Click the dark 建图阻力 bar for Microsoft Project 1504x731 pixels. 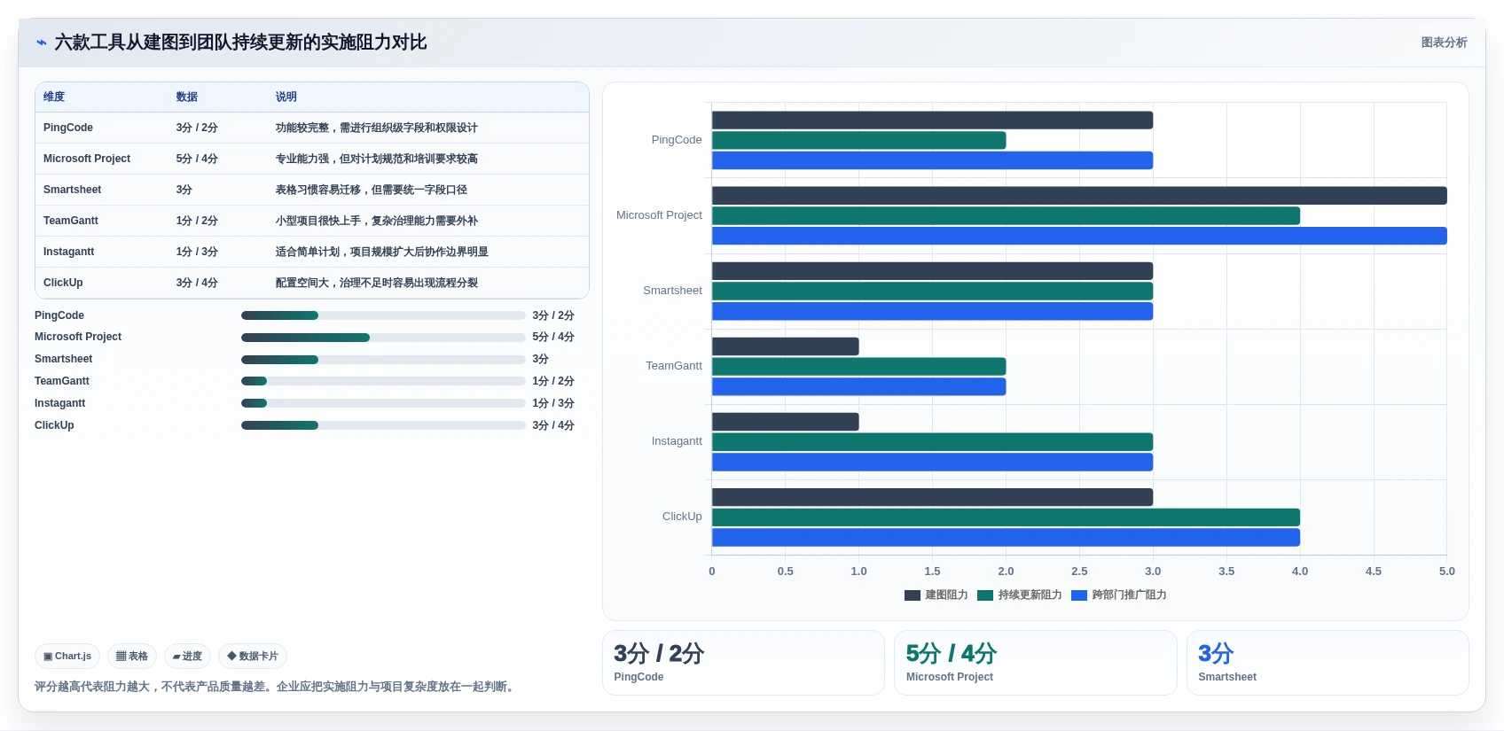pos(1079,195)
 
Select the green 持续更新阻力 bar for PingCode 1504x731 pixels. pos(858,140)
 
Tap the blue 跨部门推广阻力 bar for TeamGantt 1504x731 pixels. pos(858,386)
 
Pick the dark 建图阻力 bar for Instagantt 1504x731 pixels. pos(785,422)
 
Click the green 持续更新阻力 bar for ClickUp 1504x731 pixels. pos(1006,517)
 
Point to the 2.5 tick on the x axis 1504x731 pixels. pos(1079,572)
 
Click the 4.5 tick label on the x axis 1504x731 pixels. pos(1373,572)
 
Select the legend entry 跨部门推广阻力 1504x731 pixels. pos(1119,595)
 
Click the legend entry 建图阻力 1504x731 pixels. pos(936,595)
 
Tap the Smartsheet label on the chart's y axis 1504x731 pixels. pos(672,291)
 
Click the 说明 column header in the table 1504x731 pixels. pos(286,97)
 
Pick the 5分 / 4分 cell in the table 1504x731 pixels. pos(197,159)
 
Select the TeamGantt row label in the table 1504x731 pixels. pos(71,221)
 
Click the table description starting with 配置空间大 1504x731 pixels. pos(377,283)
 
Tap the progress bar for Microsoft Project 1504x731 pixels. pos(383,338)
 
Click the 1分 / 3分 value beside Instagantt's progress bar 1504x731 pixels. pos(553,403)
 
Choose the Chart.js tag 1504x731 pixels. pos(67,656)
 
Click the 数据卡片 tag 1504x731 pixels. pos(253,656)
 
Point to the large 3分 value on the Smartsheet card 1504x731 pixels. pos(1216,653)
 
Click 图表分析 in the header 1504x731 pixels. pos(1445,43)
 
